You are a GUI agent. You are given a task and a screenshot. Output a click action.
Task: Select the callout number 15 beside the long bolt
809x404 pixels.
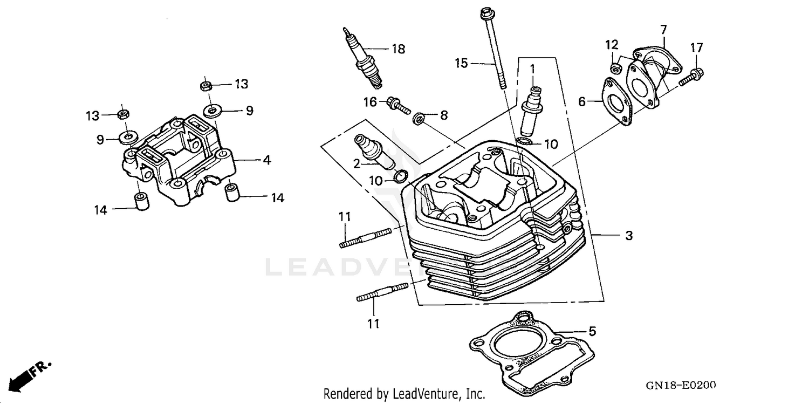461,64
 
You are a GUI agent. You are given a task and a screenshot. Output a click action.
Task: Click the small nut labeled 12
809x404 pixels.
614,67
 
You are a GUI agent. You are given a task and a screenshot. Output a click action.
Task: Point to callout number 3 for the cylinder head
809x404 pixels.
629,235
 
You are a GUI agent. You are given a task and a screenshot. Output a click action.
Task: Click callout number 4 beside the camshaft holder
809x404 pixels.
266,160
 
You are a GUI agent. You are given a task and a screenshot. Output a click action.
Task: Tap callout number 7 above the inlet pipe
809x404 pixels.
663,29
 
